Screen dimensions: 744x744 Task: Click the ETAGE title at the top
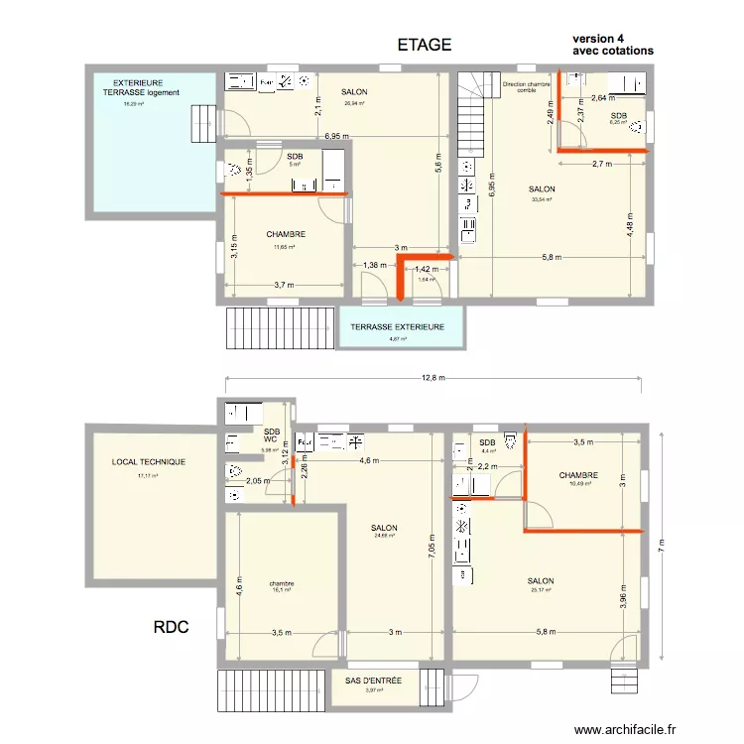[425, 45]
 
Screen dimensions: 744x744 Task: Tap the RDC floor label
[172, 628]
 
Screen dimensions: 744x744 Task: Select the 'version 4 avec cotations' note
[613, 45]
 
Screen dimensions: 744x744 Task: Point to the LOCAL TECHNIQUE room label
[149, 462]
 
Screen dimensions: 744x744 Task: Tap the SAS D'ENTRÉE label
[373, 681]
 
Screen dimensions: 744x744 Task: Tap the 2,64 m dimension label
[603, 98]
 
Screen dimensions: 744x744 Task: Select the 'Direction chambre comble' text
[527, 87]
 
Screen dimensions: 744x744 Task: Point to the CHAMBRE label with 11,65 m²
[286, 235]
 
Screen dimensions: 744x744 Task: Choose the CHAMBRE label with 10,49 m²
[578, 475]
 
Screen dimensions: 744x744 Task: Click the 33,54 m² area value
[542, 199]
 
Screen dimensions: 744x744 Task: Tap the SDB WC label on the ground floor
[272, 435]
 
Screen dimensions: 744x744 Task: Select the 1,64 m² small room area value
[427, 280]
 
